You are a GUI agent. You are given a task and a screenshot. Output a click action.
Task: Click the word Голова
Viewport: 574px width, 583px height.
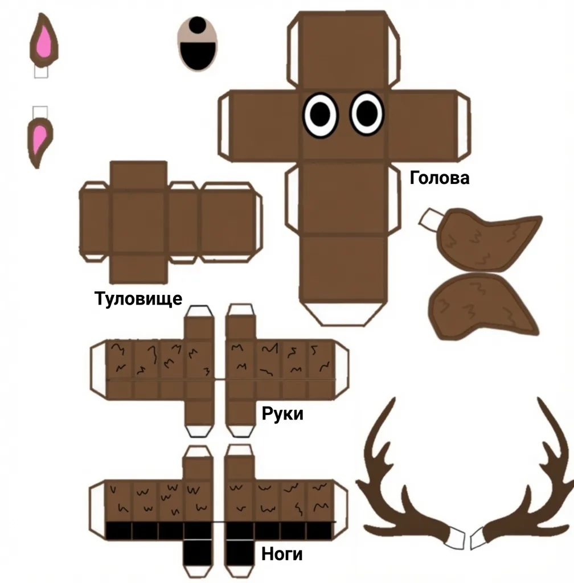[440, 178]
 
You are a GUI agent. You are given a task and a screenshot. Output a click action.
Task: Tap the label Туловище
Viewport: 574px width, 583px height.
[138, 298]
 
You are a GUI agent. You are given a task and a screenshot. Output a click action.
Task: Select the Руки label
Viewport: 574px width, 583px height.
[282, 413]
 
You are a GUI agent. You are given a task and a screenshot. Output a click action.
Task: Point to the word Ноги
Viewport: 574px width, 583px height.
[282, 554]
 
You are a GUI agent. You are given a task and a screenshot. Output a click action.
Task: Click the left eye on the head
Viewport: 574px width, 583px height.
[321, 114]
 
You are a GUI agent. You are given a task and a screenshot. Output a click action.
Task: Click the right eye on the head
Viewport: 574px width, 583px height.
[367, 113]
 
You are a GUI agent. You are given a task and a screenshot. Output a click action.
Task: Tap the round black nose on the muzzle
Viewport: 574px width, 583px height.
[198, 24]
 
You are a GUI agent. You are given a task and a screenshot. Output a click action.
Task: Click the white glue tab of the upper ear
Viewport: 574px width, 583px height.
[41, 72]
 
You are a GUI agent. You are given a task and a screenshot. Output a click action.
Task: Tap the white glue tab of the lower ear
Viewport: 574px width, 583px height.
[40, 113]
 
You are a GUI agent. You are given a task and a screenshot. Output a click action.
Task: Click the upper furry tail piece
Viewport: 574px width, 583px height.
[487, 241]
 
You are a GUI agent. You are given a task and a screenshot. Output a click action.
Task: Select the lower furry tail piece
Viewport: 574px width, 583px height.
[483, 305]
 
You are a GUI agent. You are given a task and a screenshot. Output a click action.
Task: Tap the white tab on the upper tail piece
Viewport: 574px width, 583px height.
[430, 219]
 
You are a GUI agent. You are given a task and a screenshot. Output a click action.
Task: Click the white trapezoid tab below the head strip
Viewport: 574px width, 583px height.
[342, 314]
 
